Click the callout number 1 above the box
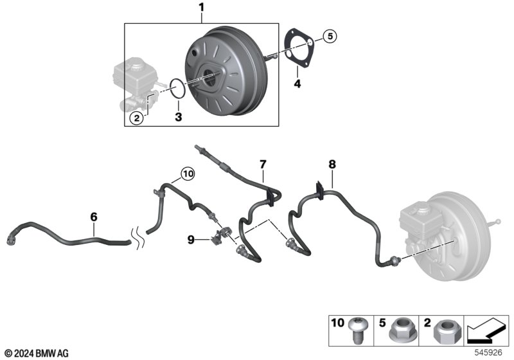(201, 8)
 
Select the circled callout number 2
(136, 118)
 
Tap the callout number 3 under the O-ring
(179, 117)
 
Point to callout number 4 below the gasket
(297, 84)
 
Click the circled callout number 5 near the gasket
(329, 37)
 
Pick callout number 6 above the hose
(94, 217)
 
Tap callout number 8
(332, 165)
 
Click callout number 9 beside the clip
(191, 240)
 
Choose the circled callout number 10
(186, 173)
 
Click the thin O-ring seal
(178, 89)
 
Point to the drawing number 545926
(490, 353)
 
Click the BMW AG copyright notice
(36, 354)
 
